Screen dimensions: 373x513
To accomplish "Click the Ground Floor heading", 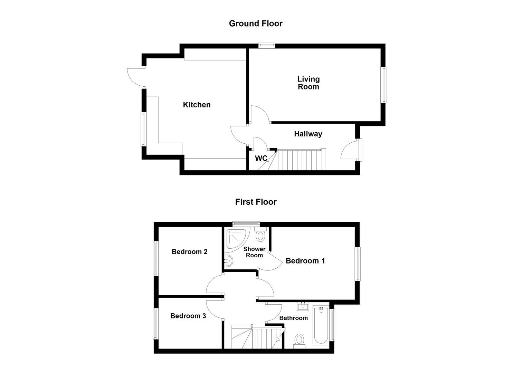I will pyautogui.click(x=256, y=23).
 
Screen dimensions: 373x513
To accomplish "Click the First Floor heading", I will pyautogui.click(x=256, y=202).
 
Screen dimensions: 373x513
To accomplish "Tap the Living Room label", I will pyautogui.click(x=308, y=83).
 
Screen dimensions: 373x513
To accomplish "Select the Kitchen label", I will pyautogui.click(x=197, y=105).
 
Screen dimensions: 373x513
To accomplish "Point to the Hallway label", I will pyautogui.click(x=308, y=134).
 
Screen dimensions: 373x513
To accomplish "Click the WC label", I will pyautogui.click(x=261, y=159).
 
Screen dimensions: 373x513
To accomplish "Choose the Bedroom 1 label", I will pyautogui.click(x=305, y=261).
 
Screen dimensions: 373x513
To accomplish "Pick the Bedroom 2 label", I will pyautogui.click(x=189, y=252).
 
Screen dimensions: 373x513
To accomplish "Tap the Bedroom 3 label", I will pyautogui.click(x=188, y=316).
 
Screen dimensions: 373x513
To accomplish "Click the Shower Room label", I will pyautogui.click(x=254, y=252).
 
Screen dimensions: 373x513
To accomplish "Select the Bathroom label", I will pyautogui.click(x=293, y=318).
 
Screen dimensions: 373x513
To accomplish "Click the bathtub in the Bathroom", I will pyautogui.click(x=321, y=325).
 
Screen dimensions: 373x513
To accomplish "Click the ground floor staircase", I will pyautogui.click(x=301, y=160).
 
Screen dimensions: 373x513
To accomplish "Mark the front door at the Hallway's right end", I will pyautogui.click(x=351, y=150).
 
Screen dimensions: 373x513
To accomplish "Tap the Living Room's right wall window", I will pyautogui.click(x=383, y=85).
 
